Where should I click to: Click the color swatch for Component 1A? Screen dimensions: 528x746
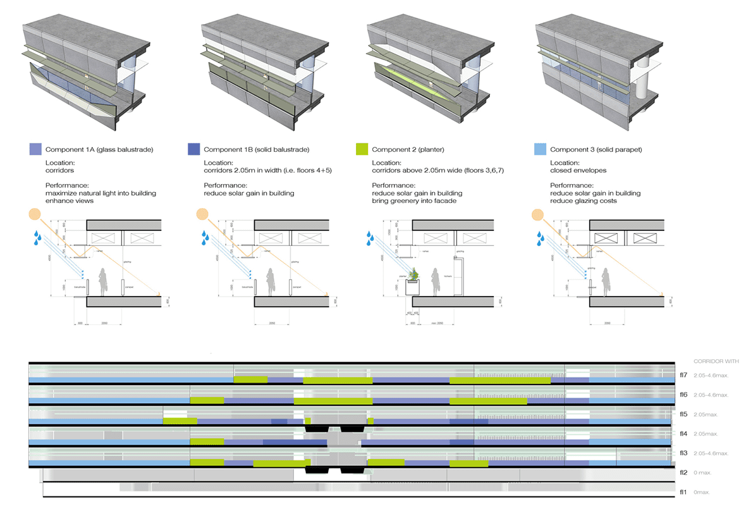coord(35,150)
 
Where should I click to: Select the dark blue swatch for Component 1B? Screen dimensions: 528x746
coord(194,150)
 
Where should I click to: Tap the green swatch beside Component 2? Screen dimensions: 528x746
coord(362,150)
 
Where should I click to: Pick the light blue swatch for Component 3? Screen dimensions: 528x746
coord(540,150)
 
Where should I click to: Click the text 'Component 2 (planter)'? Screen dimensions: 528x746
coord(408,150)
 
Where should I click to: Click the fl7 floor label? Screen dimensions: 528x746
coord(683,376)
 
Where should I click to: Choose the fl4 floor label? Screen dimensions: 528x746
coord(683,434)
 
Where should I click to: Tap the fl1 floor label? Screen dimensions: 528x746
coord(683,492)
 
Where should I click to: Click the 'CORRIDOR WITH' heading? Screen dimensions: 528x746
coord(716,362)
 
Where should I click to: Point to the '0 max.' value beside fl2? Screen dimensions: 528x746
coord(703,472)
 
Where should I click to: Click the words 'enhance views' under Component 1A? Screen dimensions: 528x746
coord(70,200)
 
